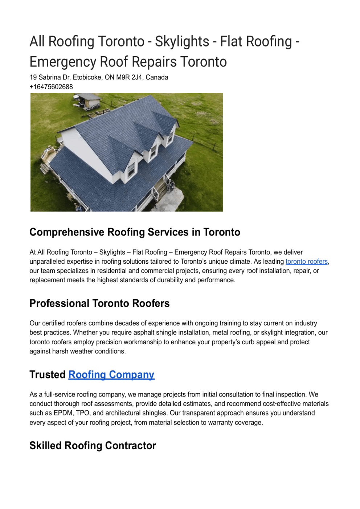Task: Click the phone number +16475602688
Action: point(51,87)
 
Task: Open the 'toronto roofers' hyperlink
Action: point(306,262)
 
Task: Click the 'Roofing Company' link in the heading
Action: point(111,374)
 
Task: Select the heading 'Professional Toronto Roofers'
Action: point(99,303)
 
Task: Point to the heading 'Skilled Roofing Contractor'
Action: point(93,446)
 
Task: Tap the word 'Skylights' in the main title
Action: point(182,42)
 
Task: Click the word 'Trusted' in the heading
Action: point(47,374)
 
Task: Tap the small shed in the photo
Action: point(88,100)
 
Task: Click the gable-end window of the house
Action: point(131,169)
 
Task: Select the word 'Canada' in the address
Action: point(157,77)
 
